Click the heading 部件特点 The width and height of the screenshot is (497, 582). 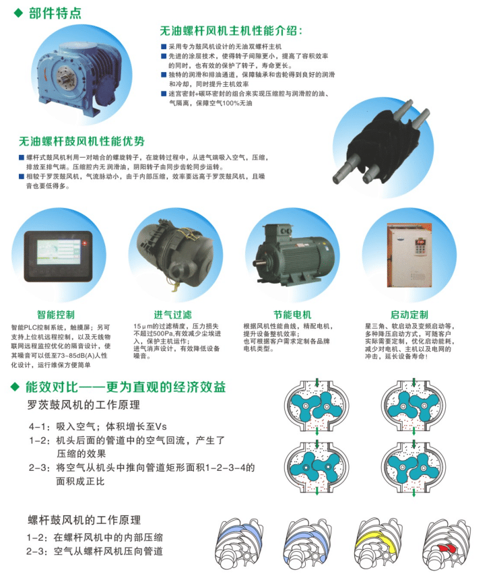(55, 13)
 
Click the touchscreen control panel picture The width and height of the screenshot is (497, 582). (59, 257)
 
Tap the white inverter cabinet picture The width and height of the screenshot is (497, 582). (409, 255)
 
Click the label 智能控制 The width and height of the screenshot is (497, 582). (56, 315)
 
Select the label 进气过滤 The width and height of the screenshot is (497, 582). (173, 315)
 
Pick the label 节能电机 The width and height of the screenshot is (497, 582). (292, 315)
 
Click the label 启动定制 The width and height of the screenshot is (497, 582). (409, 315)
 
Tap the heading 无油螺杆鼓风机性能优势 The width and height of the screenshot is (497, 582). (81, 141)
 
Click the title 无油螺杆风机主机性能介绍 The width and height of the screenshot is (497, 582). (231, 30)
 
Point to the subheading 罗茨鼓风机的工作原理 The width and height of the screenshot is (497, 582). (84, 405)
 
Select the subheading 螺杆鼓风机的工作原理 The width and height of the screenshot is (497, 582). (84, 520)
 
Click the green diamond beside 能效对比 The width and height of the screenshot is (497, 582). (15, 387)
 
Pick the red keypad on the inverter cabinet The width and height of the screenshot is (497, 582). (420, 242)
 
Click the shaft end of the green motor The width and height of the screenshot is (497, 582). (257, 264)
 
